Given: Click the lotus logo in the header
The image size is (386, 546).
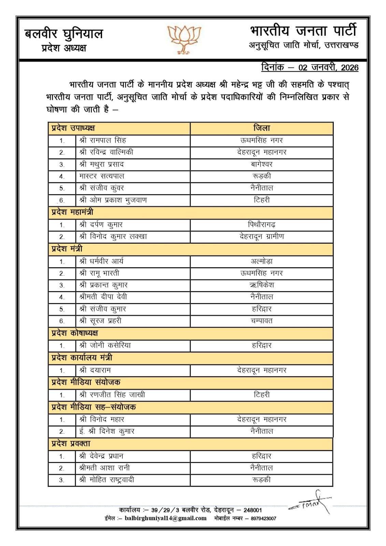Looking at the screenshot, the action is coord(184,39).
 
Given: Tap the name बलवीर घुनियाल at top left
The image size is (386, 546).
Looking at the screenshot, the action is coord(64,34).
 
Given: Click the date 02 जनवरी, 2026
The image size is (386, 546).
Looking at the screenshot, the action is coord(328,67).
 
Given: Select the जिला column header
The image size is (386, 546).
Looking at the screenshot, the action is coord(261,128).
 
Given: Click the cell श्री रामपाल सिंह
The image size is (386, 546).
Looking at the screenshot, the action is coord(103,140).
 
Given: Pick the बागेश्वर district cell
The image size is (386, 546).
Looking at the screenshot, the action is coord(261,164).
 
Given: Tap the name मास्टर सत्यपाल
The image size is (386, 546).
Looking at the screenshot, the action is coord(102,176).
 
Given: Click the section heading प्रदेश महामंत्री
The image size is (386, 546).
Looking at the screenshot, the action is coord(72,212).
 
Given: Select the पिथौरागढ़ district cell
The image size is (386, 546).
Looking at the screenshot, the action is coord(261,225).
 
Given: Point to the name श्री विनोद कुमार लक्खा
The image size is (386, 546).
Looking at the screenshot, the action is coord(113,236).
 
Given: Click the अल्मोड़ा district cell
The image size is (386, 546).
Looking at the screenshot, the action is coord(261,261).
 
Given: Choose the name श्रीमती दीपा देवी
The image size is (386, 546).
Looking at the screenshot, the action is coord(103,297).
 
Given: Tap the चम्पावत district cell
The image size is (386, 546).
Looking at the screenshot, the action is coord(261,321).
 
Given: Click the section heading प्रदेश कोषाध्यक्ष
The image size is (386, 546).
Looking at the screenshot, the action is coord(75,333).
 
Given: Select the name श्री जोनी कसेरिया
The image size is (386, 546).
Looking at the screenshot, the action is coord(105,345).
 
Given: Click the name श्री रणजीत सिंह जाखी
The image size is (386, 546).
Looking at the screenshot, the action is coord(112,395).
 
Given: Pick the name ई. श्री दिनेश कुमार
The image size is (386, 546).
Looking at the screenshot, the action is coord(106,431).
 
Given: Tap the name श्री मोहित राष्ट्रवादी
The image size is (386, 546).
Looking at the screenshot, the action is coord(106,480).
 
